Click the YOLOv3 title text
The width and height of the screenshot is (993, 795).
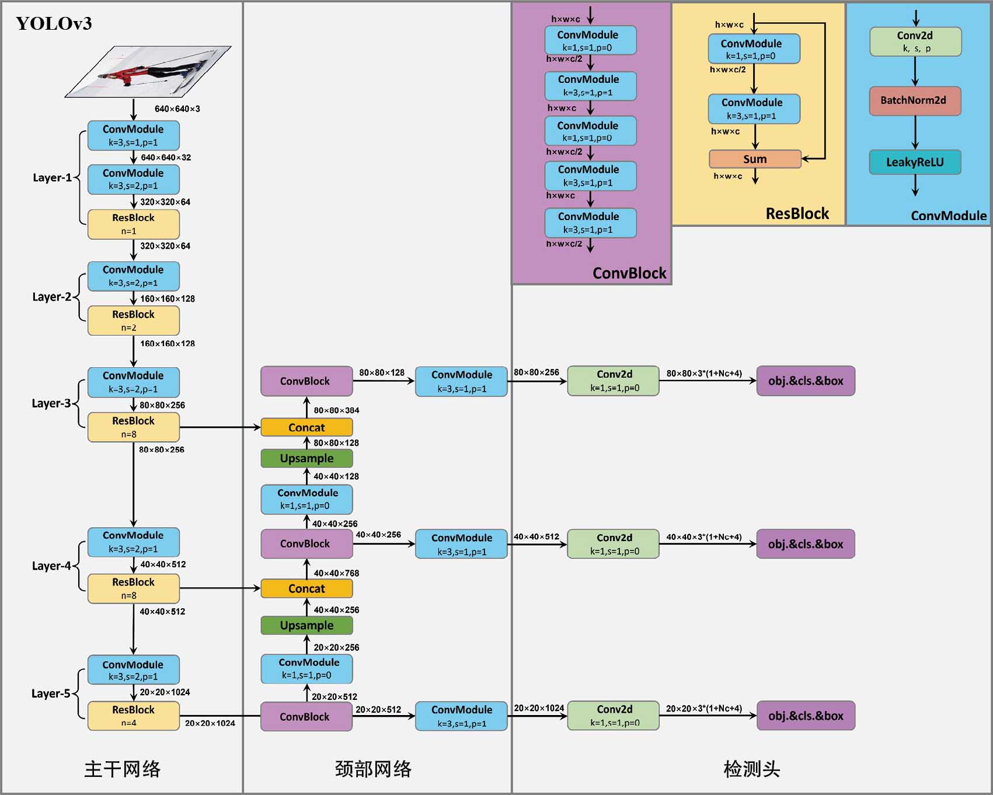54,23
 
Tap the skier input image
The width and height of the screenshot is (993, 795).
148,72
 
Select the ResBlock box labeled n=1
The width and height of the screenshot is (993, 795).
133,224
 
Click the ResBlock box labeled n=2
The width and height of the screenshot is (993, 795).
133,320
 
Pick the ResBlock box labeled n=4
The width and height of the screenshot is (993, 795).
133,716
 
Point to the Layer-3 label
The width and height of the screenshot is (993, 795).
51,403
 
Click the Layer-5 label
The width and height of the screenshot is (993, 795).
51,693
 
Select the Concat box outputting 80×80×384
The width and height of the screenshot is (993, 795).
306,427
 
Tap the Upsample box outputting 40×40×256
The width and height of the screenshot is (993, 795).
306,625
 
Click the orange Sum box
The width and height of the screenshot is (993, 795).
755,159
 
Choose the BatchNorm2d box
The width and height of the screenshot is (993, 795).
915,100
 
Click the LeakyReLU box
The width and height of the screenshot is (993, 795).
915,162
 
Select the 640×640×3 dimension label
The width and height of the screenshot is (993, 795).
177,109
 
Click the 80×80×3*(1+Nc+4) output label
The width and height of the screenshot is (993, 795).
704,374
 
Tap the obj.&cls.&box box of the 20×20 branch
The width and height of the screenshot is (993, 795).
806,716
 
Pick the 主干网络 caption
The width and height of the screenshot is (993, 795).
122,769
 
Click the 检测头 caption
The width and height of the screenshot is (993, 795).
751,769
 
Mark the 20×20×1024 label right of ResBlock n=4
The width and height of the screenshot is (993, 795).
210,723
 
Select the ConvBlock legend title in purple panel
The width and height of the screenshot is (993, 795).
629,273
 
